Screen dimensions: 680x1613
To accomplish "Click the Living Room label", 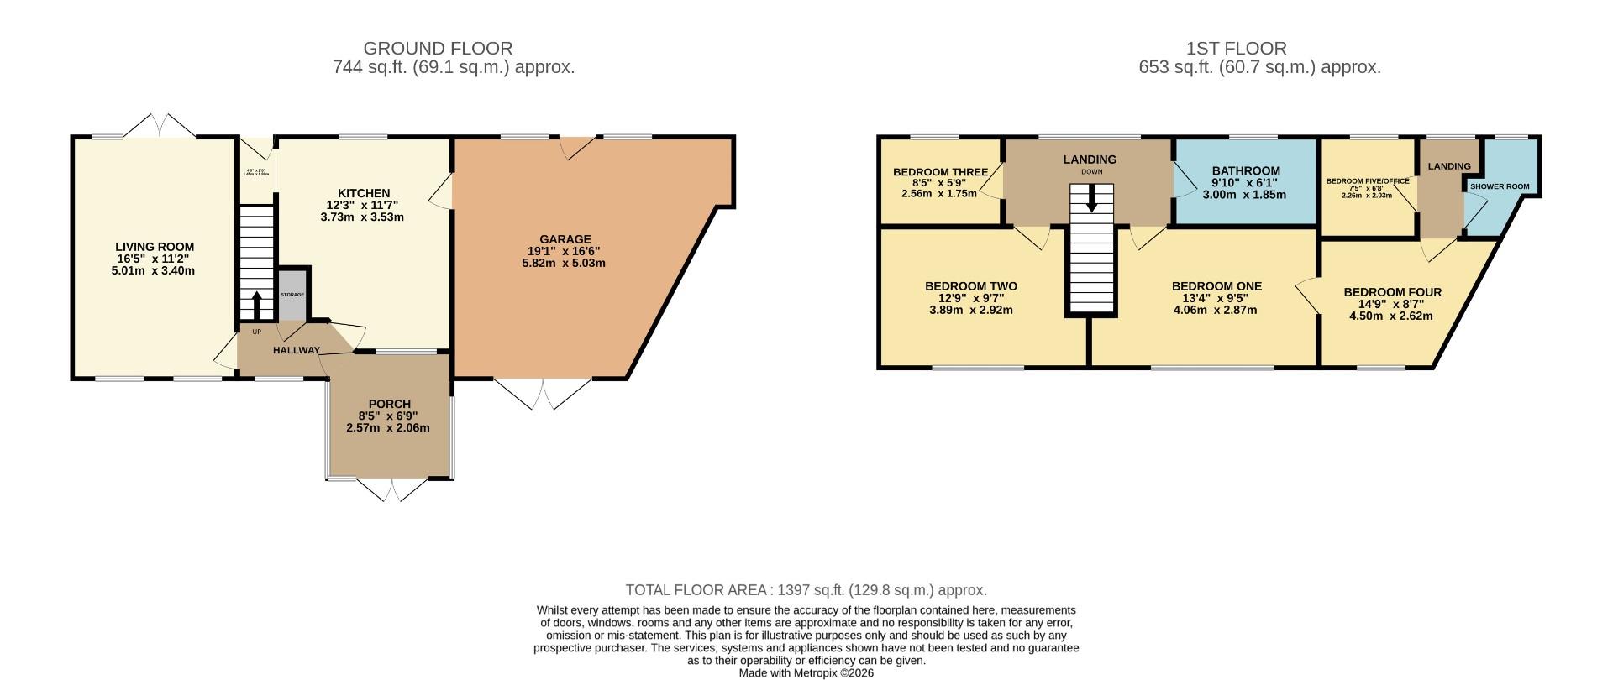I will pos(155,247).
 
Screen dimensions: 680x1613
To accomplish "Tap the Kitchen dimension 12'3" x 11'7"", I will pos(363,205).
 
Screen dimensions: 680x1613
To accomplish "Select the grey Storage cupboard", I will pos(292,295).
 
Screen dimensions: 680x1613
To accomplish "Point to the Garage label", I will pos(565,239).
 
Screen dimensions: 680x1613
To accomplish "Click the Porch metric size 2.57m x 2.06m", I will pos(387,428).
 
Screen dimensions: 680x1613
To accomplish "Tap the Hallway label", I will pos(296,350).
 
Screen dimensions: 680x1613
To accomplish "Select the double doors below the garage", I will pos(543,394).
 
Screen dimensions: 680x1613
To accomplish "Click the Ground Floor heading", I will pos(438,49).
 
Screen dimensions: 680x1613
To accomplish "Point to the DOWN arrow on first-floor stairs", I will pos(1091,198).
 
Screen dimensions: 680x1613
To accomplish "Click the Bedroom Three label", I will pos(940,172).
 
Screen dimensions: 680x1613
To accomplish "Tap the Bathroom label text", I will pos(1245,170).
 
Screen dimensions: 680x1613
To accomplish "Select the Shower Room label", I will pos(1500,186).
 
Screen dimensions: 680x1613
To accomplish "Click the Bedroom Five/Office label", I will pos(1367,180).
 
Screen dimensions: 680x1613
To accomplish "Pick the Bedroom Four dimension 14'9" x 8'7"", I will pos(1391,305).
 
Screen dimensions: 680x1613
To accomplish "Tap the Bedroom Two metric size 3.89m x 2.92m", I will pos(970,310).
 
